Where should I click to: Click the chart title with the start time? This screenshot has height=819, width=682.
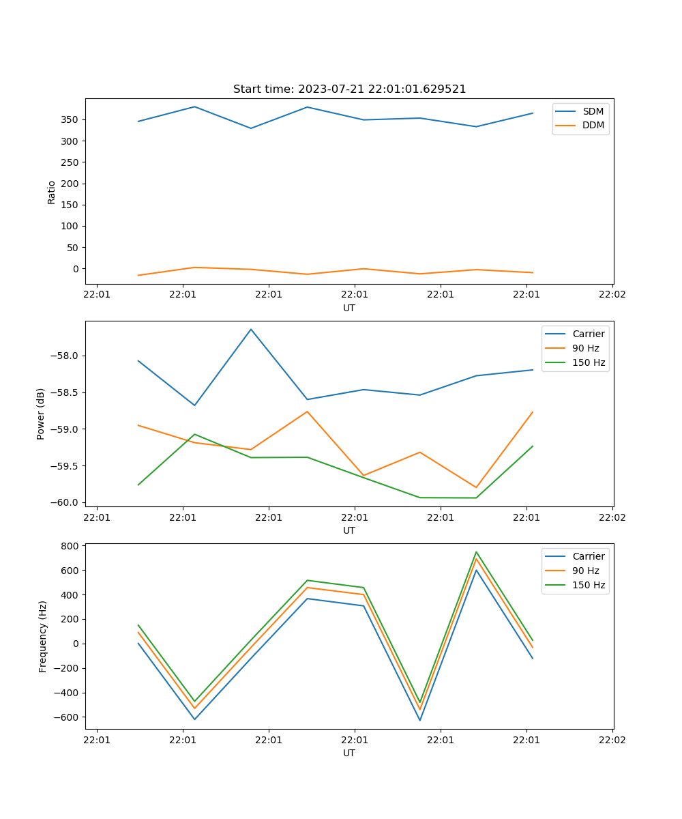[349, 89]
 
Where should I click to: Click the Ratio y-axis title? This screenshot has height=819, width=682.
[52, 192]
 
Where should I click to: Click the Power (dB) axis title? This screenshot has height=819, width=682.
[41, 414]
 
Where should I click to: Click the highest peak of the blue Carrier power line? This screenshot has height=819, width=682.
[251, 329]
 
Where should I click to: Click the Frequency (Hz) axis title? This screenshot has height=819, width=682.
[43, 636]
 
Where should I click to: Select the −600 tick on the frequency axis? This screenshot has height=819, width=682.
[68, 717]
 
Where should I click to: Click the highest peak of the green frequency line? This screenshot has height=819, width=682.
[476, 551]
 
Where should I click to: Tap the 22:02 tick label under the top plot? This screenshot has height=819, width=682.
[612, 295]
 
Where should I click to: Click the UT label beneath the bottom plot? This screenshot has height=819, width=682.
[349, 753]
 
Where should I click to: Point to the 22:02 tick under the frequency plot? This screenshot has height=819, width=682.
[612, 740]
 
